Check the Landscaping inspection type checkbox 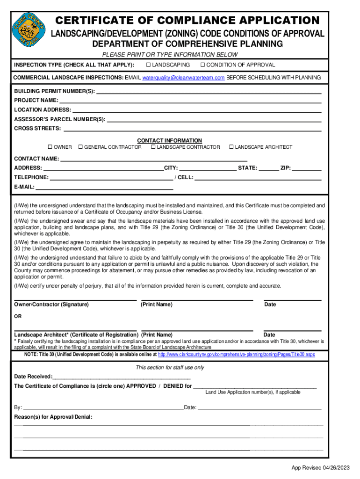pos(148,65)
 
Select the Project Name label pos(36,100)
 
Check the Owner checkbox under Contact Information pos(51,147)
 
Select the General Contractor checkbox pos(80,147)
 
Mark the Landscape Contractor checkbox pos(153,147)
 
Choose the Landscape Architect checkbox pos(231,147)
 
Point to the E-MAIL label pos(24,187)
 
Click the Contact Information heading pos(169,140)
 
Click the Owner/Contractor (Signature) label pos(51,305)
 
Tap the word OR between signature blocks pos(18,316)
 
